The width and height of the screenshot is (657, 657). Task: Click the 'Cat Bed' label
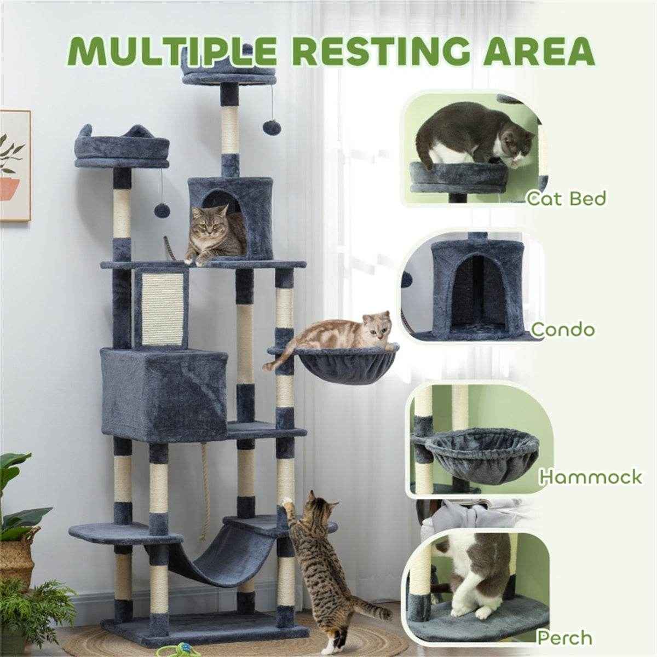pos(566,198)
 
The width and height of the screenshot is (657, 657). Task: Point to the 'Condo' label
pos(563,330)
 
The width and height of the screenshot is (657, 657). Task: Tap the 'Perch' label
pos(564,627)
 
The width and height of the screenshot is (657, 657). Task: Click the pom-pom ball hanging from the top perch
pos(272,127)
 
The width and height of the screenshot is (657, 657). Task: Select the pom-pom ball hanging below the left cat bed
pos(160,210)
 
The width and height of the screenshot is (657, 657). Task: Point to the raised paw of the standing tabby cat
pos(288,502)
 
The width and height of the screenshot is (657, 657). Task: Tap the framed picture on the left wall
pos(14,166)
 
